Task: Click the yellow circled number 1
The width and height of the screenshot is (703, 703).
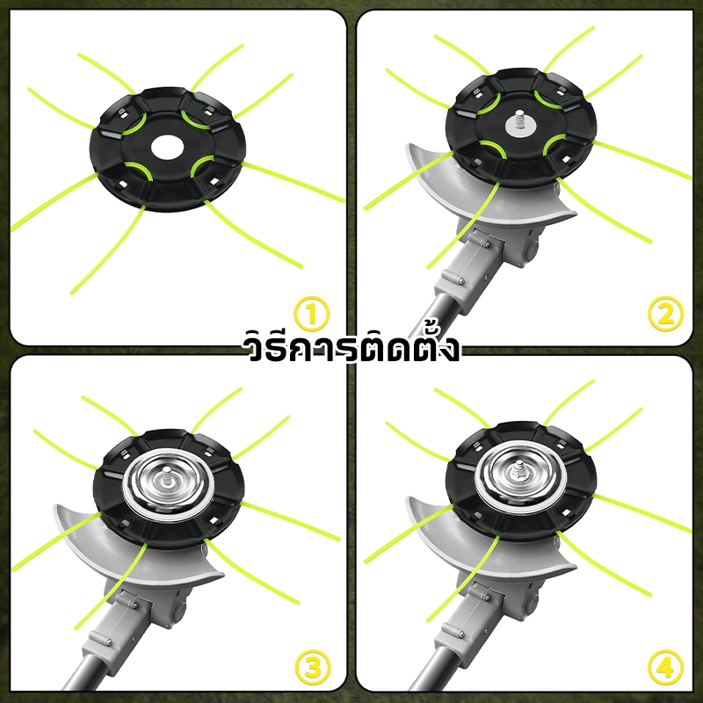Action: click(x=312, y=314)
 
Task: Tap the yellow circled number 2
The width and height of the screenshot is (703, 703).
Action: click(x=666, y=314)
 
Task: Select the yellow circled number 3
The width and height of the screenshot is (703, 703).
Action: click(x=313, y=668)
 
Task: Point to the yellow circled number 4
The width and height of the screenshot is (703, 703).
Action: click(x=666, y=668)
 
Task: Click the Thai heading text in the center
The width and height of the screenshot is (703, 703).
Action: click(x=351, y=347)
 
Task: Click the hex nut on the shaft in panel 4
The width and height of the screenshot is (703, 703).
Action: click(x=519, y=471)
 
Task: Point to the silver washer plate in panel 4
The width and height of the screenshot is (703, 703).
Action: click(x=519, y=475)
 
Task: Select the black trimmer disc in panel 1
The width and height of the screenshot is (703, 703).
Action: click(x=168, y=149)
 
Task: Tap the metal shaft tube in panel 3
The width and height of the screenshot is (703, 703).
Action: click(x=83, y=672)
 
